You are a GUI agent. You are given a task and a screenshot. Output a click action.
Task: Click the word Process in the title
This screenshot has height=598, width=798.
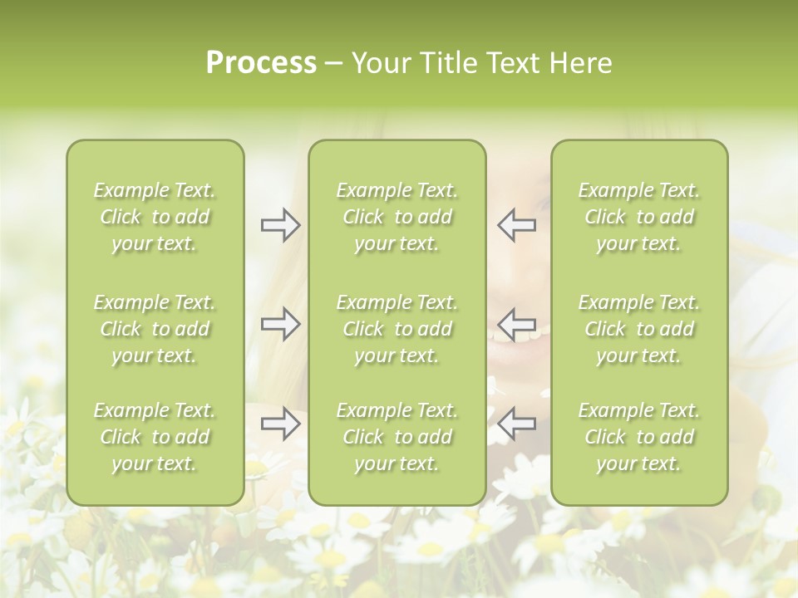click(x=261, y=63)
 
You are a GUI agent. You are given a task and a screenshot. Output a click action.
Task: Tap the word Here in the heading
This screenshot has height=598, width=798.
click(x=581, y=63)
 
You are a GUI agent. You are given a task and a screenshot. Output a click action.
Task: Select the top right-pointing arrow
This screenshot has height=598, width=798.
click(x=281, y=225)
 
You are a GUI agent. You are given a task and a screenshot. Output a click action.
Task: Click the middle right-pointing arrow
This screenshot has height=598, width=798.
click(x=281, y=324)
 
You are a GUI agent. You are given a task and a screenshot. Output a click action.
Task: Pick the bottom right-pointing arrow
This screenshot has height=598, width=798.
click(x=281, y=424)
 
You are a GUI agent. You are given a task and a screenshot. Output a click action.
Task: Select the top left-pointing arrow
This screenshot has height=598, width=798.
click(x=516, y=225)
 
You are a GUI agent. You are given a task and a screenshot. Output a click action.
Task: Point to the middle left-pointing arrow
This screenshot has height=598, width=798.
click(x=516, y=324)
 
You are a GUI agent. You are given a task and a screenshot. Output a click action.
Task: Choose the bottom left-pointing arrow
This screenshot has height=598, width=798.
click(x=516, y=424)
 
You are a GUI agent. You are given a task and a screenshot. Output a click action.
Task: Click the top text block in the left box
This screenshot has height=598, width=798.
click(x=155, y=217)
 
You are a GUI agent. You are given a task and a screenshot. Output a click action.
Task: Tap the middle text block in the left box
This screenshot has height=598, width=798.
click(x=155, y=329)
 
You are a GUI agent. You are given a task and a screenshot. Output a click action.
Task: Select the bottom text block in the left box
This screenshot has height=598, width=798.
click(x=155, y=437)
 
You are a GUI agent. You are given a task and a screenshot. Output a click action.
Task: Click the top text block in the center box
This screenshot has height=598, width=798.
click(x=397, y=217)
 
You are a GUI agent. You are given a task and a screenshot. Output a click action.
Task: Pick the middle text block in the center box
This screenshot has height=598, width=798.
click(x=397, y=329)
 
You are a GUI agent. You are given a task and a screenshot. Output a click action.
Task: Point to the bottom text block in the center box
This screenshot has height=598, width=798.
click(x=397, y=437)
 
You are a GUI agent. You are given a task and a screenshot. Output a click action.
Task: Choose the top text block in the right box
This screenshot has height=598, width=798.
click(x=638, y=217)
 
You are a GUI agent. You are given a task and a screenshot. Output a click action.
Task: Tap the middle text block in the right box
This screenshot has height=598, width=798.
click(x=638, y=329)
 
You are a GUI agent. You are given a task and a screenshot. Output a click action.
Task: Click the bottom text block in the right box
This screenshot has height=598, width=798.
click(x=638, y=437)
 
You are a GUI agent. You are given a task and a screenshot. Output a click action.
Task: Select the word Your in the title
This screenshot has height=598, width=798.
click(x=382, y=63)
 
